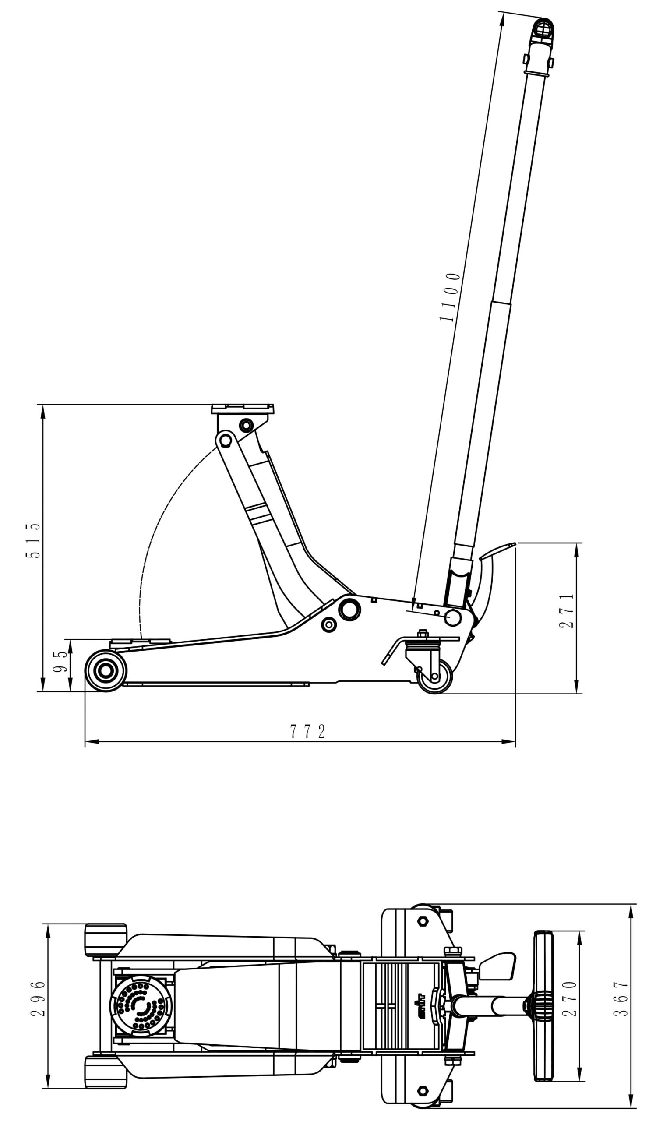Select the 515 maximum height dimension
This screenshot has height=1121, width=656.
tap(33, 540)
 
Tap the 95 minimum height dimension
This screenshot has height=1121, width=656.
tap(61, 662)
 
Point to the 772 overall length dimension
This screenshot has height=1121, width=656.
tap(308, 732)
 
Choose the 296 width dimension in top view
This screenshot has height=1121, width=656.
tap(39, 999)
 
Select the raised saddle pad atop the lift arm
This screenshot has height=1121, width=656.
tap(242, 409)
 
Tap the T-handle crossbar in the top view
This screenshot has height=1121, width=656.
tap(543, 999)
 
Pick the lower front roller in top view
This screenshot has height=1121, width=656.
tap(106, 1072)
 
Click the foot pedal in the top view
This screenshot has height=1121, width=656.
tap(498, 965)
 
